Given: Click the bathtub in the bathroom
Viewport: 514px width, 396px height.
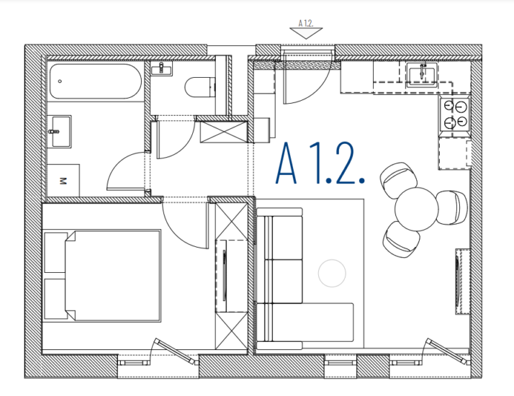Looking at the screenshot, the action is [x=96, y=81].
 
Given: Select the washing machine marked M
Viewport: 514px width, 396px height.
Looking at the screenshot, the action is [x=63, y=180].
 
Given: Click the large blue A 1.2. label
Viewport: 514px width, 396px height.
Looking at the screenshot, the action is [x=320, y=163].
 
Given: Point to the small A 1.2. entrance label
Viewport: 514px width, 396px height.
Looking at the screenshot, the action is [x=306, y=23].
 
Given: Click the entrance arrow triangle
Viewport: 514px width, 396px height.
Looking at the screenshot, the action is [x=306, y=33].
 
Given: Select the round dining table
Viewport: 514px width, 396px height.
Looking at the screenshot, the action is [x=416, y=209].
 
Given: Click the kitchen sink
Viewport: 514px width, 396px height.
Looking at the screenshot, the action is [x=422, y=75].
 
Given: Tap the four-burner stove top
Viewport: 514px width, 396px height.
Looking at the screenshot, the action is [x=455, y=114].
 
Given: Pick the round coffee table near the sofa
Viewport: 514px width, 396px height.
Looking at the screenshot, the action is [x=332, y=273].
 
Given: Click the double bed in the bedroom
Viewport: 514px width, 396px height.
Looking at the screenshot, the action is [x=112, y=276].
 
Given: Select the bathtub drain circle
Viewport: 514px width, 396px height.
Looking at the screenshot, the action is [x=60, y=81].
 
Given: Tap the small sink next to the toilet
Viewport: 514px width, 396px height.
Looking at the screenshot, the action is [x=161, y=68].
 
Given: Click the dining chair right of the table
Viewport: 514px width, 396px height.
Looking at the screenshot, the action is [x=452, y=207].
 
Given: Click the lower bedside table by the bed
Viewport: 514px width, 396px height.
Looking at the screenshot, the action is [x=55, y=299].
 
